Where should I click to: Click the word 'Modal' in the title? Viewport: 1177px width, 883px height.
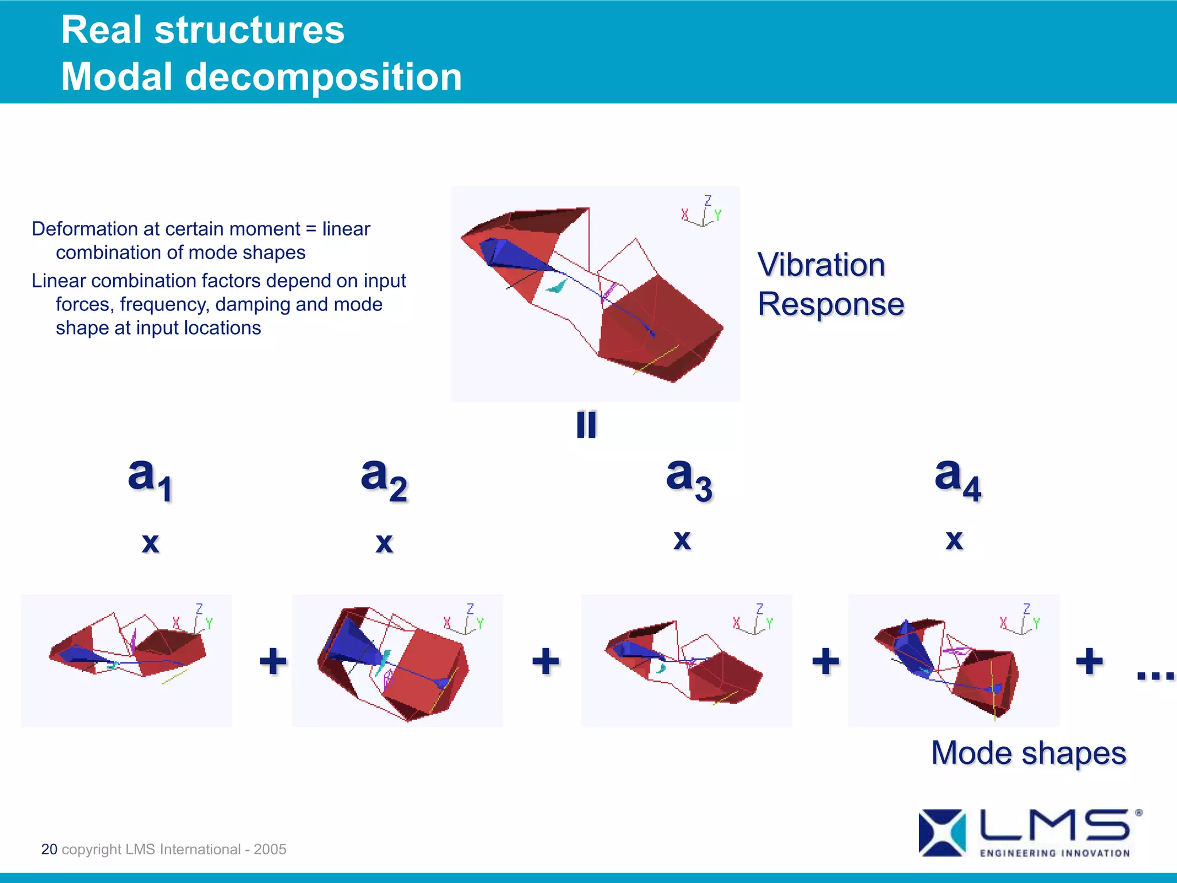[x=117, y=77]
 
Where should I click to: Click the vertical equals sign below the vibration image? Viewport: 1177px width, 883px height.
[x=586, y=425]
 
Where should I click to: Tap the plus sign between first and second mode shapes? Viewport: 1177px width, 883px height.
[x=273, y=661]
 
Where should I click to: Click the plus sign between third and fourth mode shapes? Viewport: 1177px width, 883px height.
[x=825, y=661]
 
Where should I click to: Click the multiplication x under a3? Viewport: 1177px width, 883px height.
[x=682, y=540]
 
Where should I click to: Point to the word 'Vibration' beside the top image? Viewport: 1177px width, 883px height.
[x=821, y=265]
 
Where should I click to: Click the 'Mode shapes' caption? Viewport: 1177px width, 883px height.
[x=1028, y=753]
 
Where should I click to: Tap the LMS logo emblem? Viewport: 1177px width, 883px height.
[x=941, y=832]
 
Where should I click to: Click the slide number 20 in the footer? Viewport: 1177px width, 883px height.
[x=49, y=849]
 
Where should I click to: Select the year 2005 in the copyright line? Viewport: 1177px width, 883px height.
[x=270, y=849]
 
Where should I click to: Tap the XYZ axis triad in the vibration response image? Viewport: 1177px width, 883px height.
[x=702, y=212]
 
